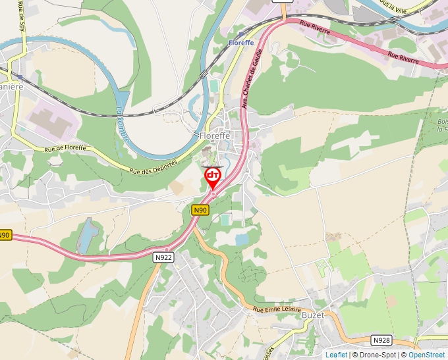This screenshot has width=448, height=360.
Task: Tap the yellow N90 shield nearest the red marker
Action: pyautogui.click(x=200, y=210)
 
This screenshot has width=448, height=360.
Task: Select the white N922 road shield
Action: pyautogui.click(x=163, y=257)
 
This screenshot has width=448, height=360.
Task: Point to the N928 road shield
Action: pyautogui.click(x=381, y=340)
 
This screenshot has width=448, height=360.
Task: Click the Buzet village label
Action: pyautogui.click(x=313, y=315)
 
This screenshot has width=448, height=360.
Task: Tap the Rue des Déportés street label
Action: pyautogui.click(x=154, y=167)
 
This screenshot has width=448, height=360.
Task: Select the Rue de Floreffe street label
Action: pyautogui.click(x=65, y=148)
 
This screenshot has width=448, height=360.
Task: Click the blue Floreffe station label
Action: pyautogui.click(x=241, y=43)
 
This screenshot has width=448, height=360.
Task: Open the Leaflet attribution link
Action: pyautogui.click(x=336, y=355)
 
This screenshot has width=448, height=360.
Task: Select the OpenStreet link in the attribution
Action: pyautogui.click(x=426, y=355)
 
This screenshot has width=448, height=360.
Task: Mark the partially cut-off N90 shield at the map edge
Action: pyautogui.click(x=5, y=235)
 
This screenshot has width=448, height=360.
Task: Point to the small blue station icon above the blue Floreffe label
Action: pyautogui.click(x=241, y=33)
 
